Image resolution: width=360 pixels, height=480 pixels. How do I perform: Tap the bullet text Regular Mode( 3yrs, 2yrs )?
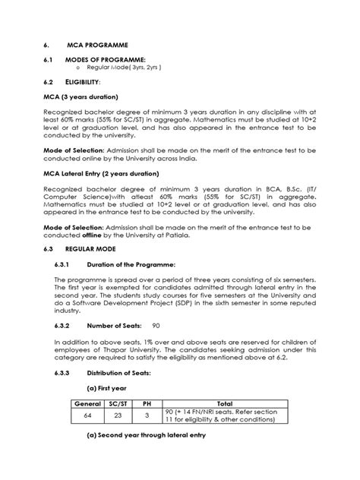point(124,68)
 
